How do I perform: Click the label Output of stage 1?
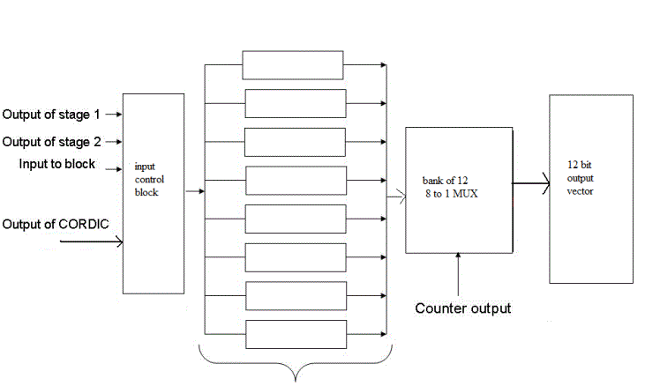52,115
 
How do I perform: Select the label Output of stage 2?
52,142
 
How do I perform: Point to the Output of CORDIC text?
56,224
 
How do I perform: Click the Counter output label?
463,308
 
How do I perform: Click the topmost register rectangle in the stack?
292,65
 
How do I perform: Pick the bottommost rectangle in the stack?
295,334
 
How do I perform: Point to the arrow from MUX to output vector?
530,183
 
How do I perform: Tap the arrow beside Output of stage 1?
115,115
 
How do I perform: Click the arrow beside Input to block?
114,166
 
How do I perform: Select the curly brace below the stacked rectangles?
296,367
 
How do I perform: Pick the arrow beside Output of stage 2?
115,142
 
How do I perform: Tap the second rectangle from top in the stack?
295,103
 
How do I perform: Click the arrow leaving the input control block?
195,189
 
